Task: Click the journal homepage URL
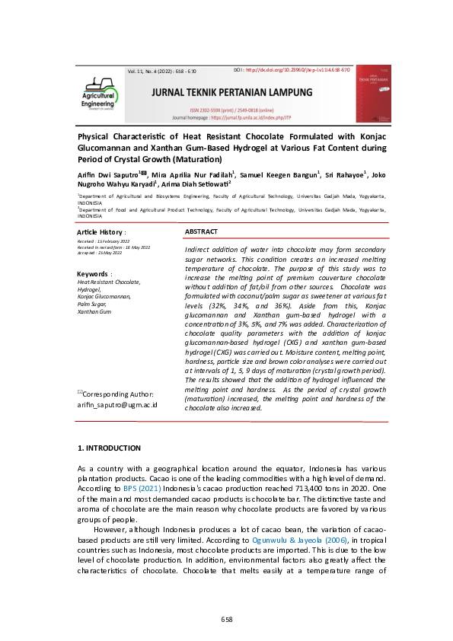click(x=258, y=119)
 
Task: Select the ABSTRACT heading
click(x=202, y=231)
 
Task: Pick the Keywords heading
click(x=94, y=273)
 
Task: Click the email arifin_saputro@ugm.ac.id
click(x=117, y=405)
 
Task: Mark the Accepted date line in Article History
click(x=100, y=253)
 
